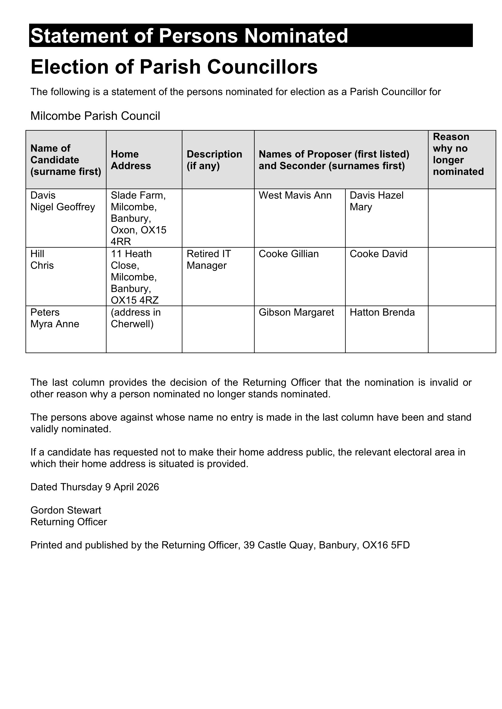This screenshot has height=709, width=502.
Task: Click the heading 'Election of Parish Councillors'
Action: (x=174, y=67)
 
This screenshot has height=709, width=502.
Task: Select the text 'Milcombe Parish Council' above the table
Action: (x=95, y=116)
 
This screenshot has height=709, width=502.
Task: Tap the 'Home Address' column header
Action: (x=131, y=160)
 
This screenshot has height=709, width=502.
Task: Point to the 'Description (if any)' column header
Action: (x=214, y=160)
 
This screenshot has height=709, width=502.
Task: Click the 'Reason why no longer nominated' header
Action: (x=458, y=154)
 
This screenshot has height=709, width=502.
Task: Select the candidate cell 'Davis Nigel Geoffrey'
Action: (x=63, y=201)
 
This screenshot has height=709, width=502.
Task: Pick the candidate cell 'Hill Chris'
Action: (x=42, y=260)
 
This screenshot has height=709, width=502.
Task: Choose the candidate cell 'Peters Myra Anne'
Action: (x=55, y=318)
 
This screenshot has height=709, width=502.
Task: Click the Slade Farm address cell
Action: (x=138, y=218)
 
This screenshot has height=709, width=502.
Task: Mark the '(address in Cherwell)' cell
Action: (x=136, y=318)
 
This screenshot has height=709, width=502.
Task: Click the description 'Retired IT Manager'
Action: (x=209, y=260)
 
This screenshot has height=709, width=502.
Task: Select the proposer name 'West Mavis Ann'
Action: (x=295, y=196)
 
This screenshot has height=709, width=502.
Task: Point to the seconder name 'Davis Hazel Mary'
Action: (x=376, y=201)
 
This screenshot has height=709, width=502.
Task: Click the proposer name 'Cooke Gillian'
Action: (x=288, y=254)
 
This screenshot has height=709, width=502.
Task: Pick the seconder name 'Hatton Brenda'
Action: (x=382, y=313)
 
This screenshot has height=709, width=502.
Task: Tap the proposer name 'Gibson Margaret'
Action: (x=296, y=313)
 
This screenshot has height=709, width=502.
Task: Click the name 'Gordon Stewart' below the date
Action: (x=66, y=510)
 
